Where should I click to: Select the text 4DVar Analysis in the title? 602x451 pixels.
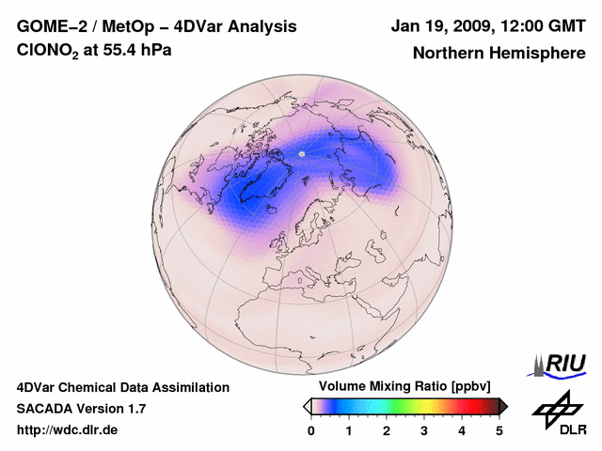229,26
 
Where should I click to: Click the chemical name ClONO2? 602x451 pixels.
49,51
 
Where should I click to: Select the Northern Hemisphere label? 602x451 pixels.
498,53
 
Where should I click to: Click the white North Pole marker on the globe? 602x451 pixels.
302,153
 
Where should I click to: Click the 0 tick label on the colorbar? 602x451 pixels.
311,430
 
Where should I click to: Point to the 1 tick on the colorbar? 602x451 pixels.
349,430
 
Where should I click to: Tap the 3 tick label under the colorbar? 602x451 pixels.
424,430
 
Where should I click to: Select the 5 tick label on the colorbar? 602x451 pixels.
499,430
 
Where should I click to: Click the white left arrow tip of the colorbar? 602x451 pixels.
307,406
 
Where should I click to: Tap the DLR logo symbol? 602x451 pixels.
558,409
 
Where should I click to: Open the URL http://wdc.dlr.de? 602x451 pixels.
68,430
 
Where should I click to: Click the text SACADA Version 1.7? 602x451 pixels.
81,409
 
